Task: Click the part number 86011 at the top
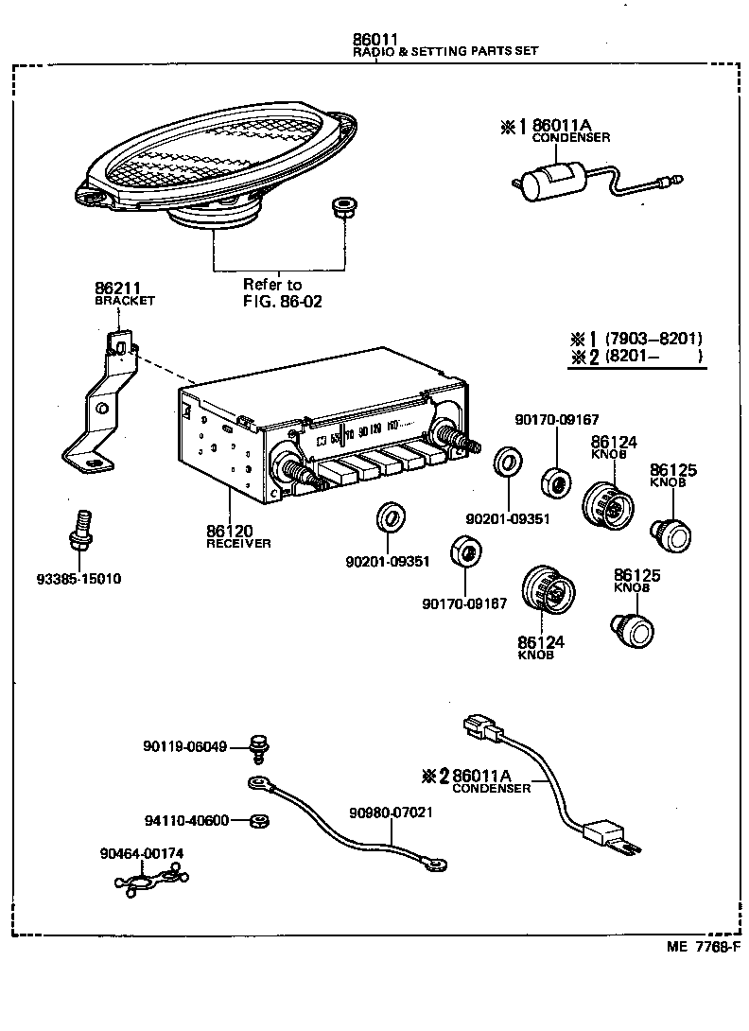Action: point(374,39)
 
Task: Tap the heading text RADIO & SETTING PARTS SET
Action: point(444,51)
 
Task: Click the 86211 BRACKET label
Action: point(122,293)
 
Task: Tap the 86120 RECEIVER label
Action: point(237,537)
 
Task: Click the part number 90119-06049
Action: point(184,746)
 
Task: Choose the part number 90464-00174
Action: point(141,853)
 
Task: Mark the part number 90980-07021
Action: point(391,813)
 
